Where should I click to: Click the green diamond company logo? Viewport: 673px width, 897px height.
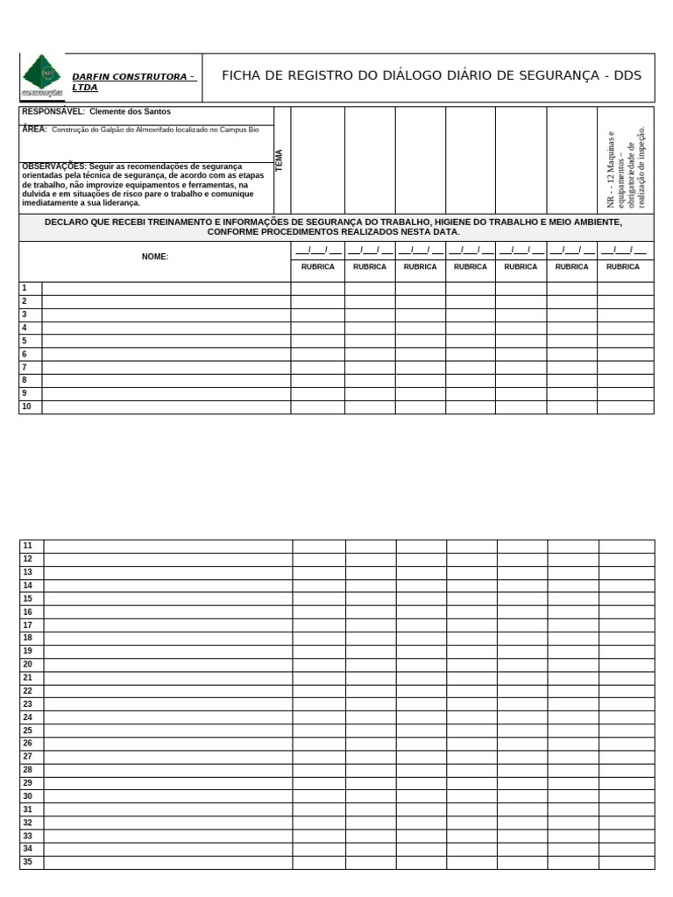coord(42,74)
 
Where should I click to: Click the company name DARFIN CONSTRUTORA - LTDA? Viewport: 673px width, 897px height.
coord(133,82)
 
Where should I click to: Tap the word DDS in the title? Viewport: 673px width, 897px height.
coord(627,75)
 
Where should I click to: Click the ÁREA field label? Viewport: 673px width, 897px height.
coord(33,129)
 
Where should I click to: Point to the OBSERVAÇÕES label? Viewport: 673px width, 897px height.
coord(53,166)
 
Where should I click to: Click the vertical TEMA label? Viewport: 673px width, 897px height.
coord(280,159)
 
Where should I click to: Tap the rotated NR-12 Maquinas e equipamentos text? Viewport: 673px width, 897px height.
coord(626,168)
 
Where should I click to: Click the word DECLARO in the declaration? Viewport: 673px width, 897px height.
coord(67,222)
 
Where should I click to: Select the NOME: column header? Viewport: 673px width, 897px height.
coord(155,257)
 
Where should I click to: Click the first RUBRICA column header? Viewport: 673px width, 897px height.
coord(317,266)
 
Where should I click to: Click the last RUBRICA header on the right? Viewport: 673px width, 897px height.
coord(623,266)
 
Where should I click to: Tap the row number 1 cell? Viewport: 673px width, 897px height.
coord(25,288)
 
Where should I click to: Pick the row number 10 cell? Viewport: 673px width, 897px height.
coord(26,406)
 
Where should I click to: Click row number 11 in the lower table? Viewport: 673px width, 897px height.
coord(28,546)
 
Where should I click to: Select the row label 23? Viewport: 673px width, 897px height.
coord(28,704)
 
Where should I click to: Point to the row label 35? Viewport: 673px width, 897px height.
coord(28,862)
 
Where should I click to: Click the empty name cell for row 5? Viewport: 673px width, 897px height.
coord(166,341)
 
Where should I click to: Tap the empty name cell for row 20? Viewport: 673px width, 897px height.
coord(167,665)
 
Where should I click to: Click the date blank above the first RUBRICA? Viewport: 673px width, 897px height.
coord(317,251)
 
